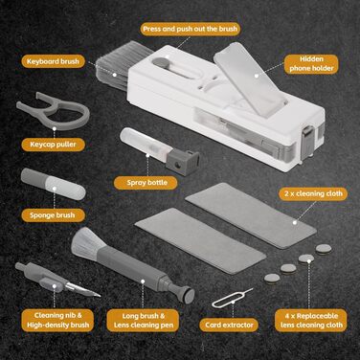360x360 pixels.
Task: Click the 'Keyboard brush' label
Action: (53, 61)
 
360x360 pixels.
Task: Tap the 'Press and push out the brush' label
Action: (191, 29)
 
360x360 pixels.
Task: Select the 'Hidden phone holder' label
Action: (311, 64)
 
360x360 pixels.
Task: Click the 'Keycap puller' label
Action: (53, 145)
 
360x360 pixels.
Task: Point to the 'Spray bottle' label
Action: (146, 183)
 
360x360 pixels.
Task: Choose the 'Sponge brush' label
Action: (53, 215)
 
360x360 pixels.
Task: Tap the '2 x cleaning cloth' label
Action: (313, 193)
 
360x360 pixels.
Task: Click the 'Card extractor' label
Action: (229, 325)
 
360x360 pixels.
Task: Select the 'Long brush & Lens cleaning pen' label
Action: (144, 321)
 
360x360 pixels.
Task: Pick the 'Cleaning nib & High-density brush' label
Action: (57, 320)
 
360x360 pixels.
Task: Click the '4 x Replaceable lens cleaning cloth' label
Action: (311, 320)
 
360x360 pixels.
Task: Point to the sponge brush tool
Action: (53, 184)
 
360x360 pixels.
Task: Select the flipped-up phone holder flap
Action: (250, 79)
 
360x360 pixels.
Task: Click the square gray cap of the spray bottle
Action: (183, 162)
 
